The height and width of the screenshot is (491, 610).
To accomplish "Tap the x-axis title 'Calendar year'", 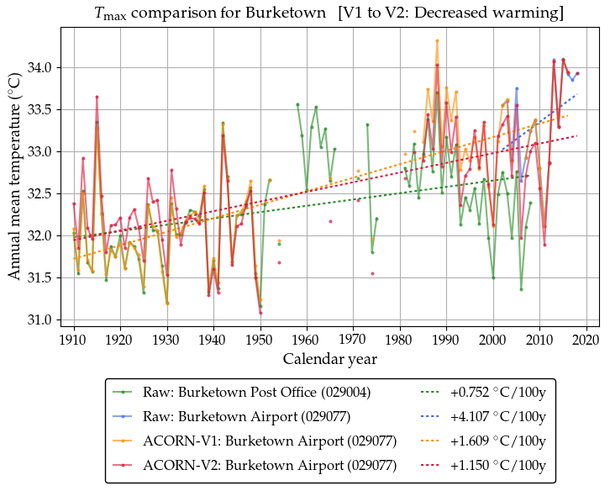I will coord(329,359).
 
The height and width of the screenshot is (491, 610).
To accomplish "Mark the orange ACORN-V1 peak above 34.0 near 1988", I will coord(437,40).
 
